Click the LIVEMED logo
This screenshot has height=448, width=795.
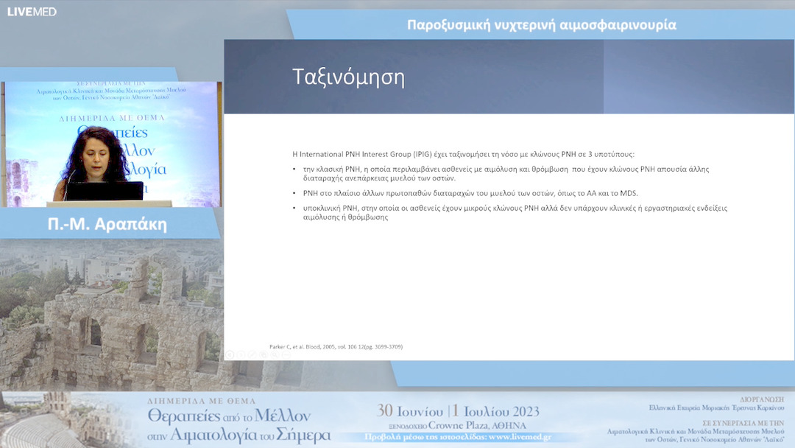[x=32, y=11]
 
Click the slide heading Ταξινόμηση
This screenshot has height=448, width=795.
[x=348, y=77]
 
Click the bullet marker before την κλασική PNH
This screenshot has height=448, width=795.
[x=295, y=169]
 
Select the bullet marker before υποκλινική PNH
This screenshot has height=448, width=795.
[x=295, y=209]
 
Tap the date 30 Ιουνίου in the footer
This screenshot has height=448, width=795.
[x=410, y=411]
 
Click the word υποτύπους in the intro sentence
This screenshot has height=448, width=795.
[x=612, y=155]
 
